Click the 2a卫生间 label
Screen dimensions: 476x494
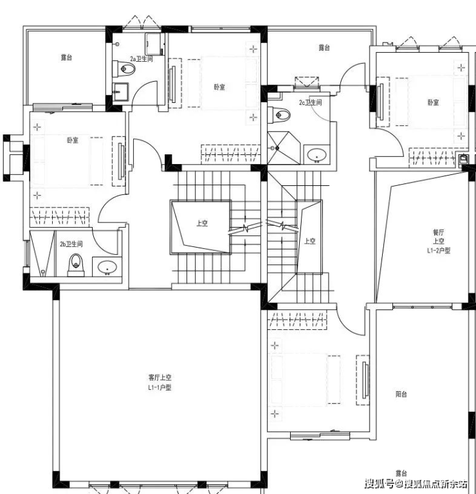click(x=142, y=59)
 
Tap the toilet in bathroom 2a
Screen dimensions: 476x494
click(x=124, y=68)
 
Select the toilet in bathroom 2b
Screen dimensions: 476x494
click(x=76, y=264)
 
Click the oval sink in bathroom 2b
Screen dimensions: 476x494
click(x=107, y=268)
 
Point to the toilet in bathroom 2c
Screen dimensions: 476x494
click(x=279, y=114)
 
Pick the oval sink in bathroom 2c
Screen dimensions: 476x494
click(x=317, y=155)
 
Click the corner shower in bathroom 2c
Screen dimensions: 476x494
click(x=283, y=148)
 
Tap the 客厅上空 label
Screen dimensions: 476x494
click(x=160, y=377)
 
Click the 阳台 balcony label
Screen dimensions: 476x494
click(x=401, y=394)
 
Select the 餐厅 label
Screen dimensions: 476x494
click(x=438, y=232)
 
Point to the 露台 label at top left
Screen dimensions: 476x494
click(x=66, y=57)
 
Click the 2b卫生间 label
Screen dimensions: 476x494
click(x=71, y=244)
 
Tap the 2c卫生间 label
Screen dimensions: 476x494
click(x=311, y=102)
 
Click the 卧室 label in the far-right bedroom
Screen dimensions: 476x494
click(x=433, y=102)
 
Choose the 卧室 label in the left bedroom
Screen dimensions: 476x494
click(x=73, y=140)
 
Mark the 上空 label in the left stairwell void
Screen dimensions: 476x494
click(x=202, y=223)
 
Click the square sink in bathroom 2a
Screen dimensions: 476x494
click(x=121, y=92)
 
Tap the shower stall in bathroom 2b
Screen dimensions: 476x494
click(x=42, y=254)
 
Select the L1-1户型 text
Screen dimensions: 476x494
click(x=160, y=387)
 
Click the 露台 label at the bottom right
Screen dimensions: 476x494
click(x=401, y=473)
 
